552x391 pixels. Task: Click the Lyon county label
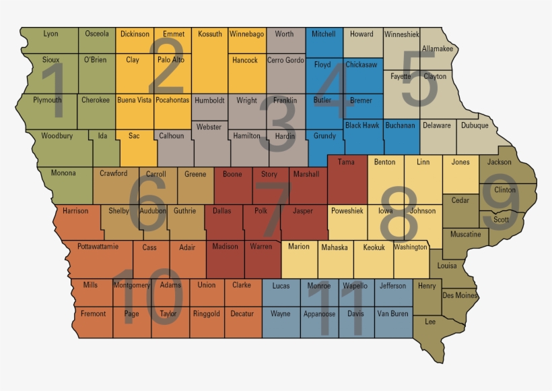tap(50, 34)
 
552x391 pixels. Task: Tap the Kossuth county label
tap(210, 34)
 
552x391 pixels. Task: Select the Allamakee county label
tap(438, 49)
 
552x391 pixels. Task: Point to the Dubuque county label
tap(475, 125)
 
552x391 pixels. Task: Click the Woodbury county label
tap(57, 136)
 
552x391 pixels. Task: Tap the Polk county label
tap(261, 211)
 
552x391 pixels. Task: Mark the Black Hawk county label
tap(362, 125)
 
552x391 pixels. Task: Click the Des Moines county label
tap(460, 295)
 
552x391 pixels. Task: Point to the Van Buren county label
tap(392, 314)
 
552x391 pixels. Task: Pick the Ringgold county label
tap(206, 314)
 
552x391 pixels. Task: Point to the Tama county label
tap(346, 162)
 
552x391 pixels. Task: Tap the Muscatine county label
tap(465, 235)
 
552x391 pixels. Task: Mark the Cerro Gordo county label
tap(285, 60)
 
